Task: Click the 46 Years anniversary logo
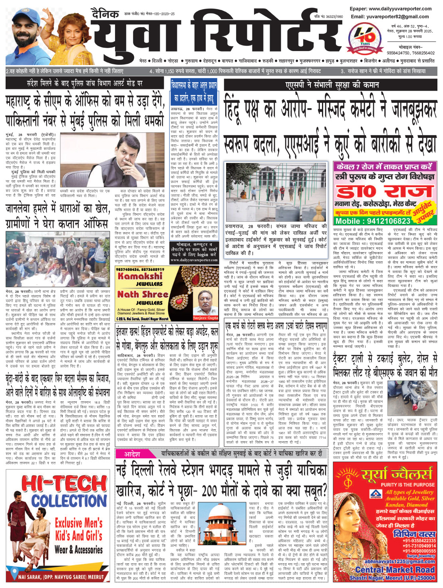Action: pyautogui.click(x=362, y=39)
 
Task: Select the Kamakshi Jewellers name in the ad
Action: pyautogui.click(x=140, y=276)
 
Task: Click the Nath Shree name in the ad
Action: pyautogui.click(x=143, y=294)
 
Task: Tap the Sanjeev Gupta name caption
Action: pyautogui.click(x=206, y=318)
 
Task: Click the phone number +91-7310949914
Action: pyautogui.click(x=419, y=546)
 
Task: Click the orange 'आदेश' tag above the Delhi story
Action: pyautogui.click(x=132, y=454)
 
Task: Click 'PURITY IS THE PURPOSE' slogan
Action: pyautogui.click(x=407, y=485)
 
